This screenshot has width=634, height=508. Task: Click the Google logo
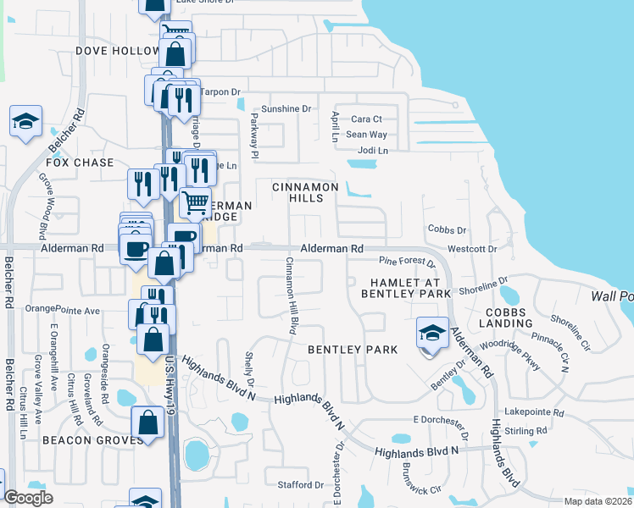click(28, 498)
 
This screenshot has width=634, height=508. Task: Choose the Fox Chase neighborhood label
click(80, 163)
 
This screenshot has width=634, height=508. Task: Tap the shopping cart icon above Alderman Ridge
click(195, 202)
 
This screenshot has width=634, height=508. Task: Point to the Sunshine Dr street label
click(286, 108)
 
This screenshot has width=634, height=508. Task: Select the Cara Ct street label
click(367, 119)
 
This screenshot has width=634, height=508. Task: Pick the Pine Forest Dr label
click(407, 262)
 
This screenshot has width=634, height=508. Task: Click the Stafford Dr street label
click(296, 484)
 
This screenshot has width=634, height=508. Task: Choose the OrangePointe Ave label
click(63, 309)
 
